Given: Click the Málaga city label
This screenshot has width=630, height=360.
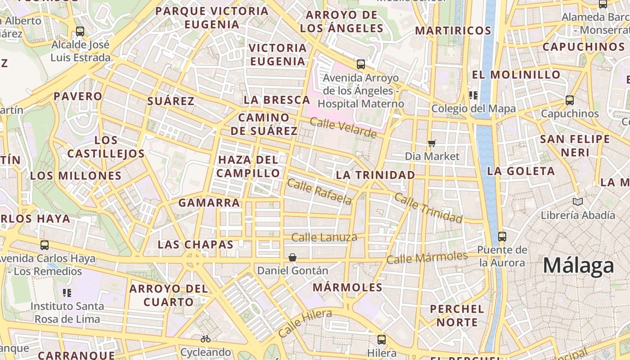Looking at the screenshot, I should coord(578,266).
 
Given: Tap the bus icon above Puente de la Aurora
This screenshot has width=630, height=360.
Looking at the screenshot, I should coord(502,236).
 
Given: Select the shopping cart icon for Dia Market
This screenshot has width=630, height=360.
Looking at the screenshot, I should coord(432,143).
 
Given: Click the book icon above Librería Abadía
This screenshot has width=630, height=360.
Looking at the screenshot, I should coord(578,202).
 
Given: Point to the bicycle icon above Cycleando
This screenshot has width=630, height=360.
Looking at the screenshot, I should coord(206,338).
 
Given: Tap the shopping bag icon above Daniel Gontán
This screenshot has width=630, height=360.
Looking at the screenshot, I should coord(292,257).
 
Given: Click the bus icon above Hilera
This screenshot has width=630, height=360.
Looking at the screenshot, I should coord(382,339).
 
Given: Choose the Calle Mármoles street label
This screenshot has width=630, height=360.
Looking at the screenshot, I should coord(427,258).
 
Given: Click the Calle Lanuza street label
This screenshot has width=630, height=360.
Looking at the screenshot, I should coord(324,237).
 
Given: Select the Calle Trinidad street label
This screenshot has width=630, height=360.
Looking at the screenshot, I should coord(428,208).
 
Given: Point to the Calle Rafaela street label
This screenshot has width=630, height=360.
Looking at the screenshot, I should coord(319,192).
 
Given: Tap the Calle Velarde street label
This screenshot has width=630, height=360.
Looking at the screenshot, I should coord(343,128).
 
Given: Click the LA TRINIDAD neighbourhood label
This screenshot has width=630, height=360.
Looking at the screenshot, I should coord(376,175).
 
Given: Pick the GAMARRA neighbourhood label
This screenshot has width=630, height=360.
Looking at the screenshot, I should coord(209,202).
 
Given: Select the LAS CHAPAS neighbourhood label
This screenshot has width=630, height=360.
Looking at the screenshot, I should coord(195,245).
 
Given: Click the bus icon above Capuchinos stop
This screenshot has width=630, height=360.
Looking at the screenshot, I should coord(570,100).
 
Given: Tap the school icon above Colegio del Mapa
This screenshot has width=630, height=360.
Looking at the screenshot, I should coord(473,95).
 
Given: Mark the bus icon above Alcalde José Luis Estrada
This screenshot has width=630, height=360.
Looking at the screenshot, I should coord(80,31).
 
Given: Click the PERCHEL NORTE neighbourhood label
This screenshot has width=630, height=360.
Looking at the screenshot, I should coord(457,315).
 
